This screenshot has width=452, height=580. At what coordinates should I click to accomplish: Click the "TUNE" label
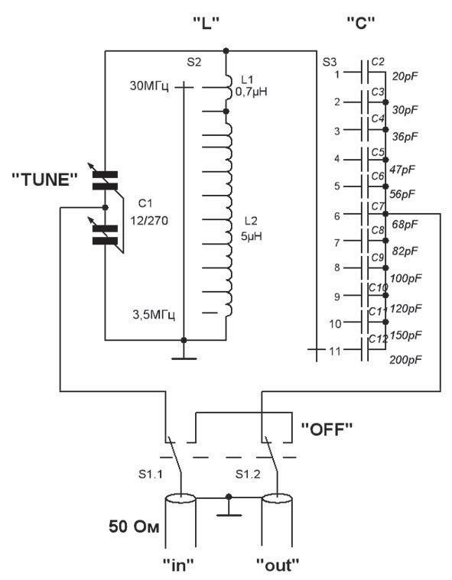(x=45, y=180)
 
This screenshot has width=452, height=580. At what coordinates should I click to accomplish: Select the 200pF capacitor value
(x=405, y=359)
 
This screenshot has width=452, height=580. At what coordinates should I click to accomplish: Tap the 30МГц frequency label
(x=150, y=86)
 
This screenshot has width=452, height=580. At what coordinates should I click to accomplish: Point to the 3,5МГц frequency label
(x=154, y=315)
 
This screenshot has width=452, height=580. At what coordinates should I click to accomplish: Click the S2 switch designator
(x=194, y=62)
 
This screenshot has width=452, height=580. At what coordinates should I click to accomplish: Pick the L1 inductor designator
(x=247, y=79)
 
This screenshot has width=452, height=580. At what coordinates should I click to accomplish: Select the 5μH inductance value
(x=252, y=236)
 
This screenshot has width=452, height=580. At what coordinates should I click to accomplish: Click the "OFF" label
(x=327, y=429)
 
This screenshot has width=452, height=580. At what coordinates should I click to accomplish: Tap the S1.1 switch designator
(x=151, y=474)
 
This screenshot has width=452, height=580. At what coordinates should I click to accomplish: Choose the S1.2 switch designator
(x=248, y=474)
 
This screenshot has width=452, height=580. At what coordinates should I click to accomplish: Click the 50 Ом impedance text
(x=134, y=527)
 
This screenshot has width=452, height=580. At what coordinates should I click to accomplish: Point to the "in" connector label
(x=178, y=565)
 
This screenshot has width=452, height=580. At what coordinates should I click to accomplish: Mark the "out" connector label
(x=278, y=565)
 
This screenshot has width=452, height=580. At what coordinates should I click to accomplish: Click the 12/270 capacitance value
(x=149, y=220)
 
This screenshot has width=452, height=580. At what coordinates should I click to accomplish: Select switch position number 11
(x=335, y=351)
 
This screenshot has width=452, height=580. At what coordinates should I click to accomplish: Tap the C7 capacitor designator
(x=378, y=206)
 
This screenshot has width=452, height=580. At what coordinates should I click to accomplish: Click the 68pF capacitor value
(x=405, y=224)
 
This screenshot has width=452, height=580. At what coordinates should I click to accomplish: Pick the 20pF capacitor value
(x=405, y=76)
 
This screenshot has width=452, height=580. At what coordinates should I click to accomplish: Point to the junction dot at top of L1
(x=226, y=50)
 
